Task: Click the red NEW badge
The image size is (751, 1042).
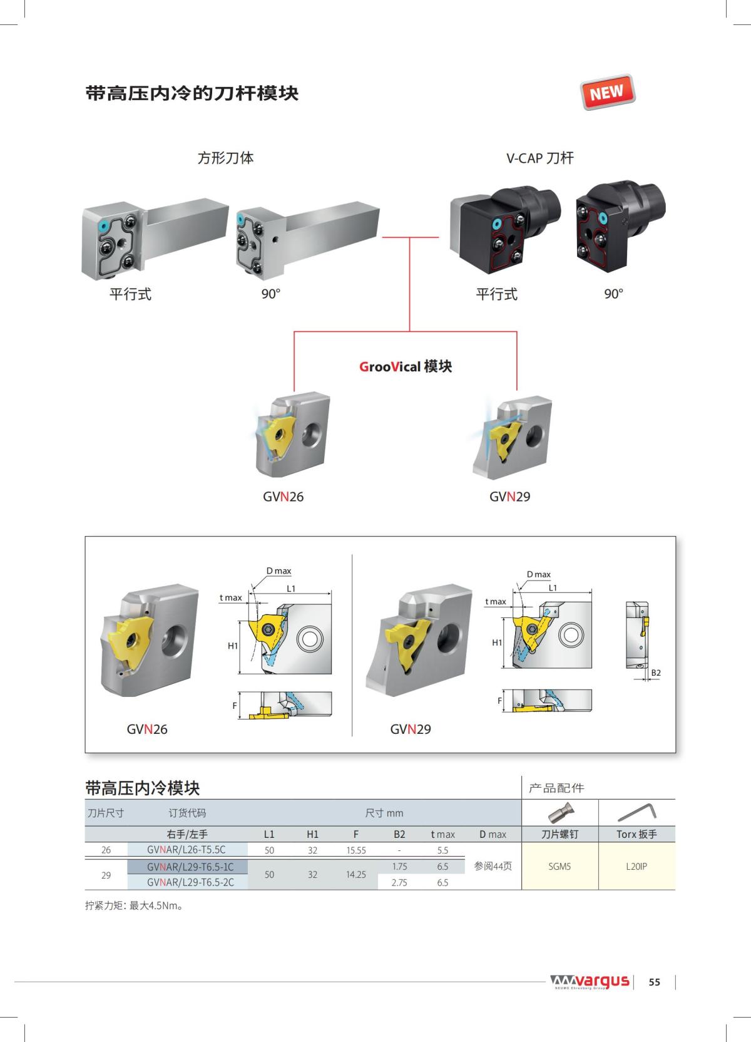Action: (607, 92)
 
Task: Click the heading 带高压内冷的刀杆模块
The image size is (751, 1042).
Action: (192, 94)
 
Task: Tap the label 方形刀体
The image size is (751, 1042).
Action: (225, 158)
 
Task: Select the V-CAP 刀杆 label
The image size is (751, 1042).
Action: (539, 158)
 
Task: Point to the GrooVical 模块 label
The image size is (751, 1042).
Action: (406, 366)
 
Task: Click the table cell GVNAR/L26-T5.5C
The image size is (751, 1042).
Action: (186, 850)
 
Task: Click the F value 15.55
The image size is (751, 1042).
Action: (356, 850)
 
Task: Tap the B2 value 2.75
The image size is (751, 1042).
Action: (399, 882)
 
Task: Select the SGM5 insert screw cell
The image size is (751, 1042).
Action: (559, 867)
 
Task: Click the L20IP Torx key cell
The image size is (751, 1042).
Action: (636, 867)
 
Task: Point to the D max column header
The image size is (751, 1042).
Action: (493, 834)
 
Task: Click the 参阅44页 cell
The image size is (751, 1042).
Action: (493, 867)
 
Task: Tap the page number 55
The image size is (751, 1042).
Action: (654, 982)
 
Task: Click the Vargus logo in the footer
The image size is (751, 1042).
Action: (590, 982)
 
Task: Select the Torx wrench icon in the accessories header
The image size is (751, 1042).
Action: (636, 812)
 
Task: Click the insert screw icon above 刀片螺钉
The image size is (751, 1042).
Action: (559, 812)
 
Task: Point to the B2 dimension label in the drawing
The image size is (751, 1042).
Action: (656, 673)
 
